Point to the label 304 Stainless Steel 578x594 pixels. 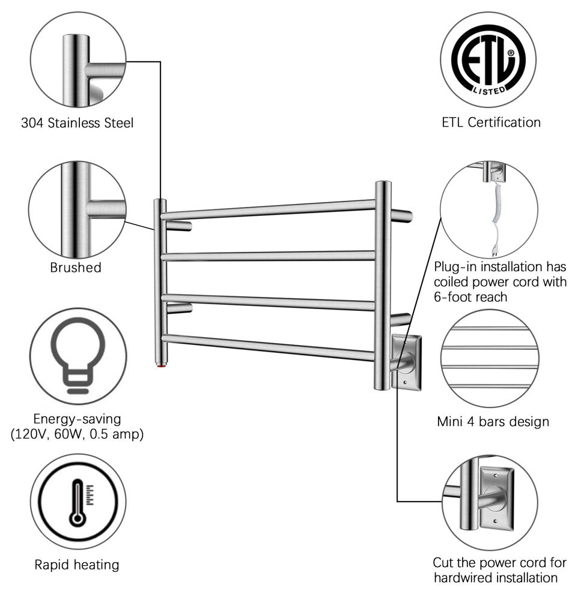[77, 123]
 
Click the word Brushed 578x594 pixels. [76, 268]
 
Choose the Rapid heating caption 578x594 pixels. [76, 565]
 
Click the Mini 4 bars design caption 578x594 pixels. [493, 421]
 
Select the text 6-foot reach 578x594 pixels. [470, 296]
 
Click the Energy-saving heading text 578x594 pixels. [77, 418]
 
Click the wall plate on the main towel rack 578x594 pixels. [407, 363]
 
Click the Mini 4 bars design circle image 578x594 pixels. [488, 358]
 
